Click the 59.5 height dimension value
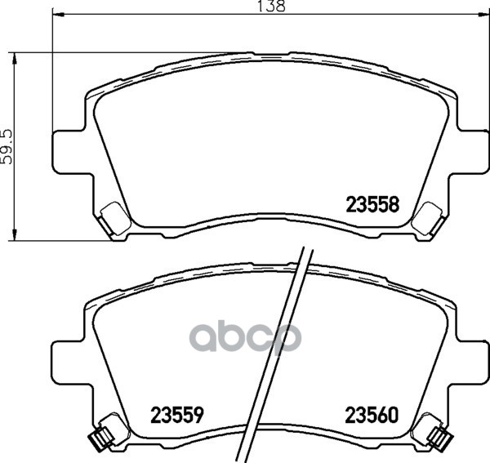[8, 145]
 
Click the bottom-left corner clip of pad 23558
[110, 216]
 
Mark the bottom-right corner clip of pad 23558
[425, 216]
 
